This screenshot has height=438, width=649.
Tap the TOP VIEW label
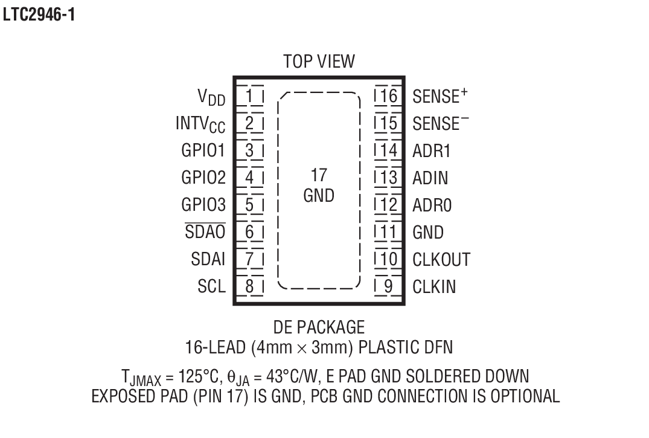(319, 62)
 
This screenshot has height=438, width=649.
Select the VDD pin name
(211, 97)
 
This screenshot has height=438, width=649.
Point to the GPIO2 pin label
(203, 178)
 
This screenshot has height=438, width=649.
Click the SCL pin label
(211, 286)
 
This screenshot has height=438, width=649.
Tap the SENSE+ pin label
(441, 96)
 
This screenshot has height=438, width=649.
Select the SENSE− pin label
(441, 123)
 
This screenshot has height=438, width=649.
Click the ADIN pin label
(430, 178)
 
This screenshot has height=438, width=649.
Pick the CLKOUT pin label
(441, 259)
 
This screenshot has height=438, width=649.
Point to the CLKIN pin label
(435, 286)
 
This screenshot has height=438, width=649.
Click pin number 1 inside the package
(250, 96)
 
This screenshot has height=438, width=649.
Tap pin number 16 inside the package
(389, 96)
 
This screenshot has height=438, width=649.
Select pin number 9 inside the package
(389, 286)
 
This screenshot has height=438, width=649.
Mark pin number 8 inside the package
(250, 286)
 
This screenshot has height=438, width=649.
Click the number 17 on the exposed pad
(319, 176)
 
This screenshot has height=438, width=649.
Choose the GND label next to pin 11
(428, 232)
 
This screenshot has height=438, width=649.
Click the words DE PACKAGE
(319, 327)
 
